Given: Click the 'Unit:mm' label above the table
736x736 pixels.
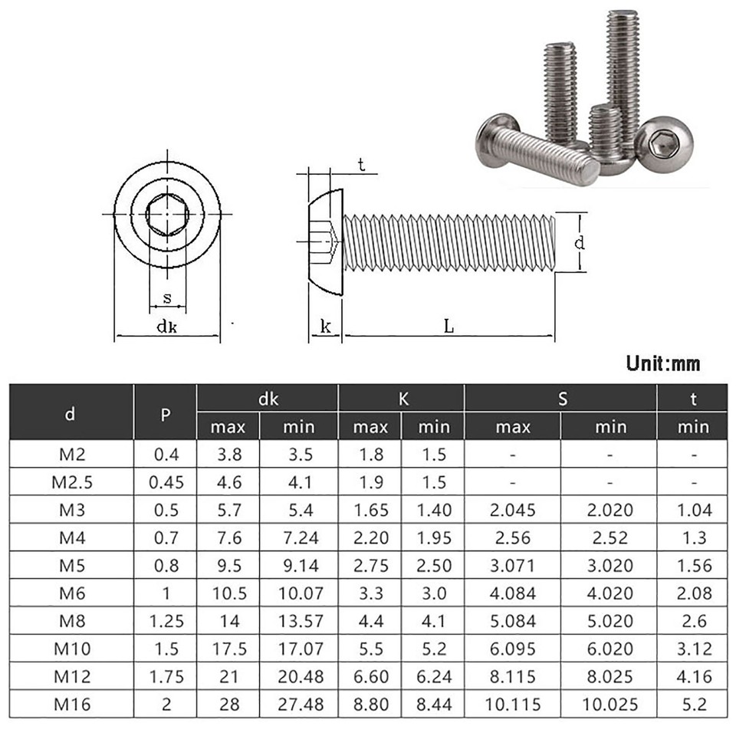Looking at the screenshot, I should pos(662,363).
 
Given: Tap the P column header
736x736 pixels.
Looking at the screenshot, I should pos(165,415).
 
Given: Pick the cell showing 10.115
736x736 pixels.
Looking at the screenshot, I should pos(512,704).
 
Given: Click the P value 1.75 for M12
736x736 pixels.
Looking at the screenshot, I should pos(165,676).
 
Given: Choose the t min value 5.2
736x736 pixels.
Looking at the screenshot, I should pos(693,704).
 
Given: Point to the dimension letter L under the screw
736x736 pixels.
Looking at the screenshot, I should pos(449,326).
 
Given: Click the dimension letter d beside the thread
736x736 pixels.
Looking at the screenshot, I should pos(580,243).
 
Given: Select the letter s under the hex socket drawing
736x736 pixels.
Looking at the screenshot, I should pos(167,298).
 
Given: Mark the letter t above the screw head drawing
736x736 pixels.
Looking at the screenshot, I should pos(361,163).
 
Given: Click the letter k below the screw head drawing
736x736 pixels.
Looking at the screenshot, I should pos(325,327).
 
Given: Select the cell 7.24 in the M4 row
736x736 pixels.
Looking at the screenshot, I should pos(298,537).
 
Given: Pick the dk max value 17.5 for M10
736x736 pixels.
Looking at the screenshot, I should pos(228,649).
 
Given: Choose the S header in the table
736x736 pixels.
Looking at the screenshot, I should pos(560,399).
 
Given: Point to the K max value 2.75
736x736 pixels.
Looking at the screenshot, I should pos(370,565).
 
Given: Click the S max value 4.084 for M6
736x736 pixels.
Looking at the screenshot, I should pos(512,593).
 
